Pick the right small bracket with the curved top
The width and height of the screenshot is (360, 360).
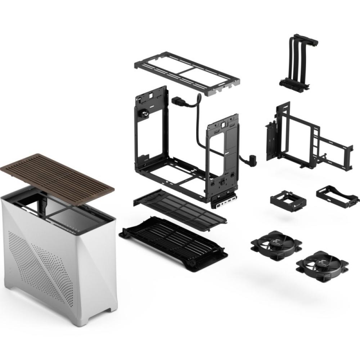(x=337, y=194)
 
